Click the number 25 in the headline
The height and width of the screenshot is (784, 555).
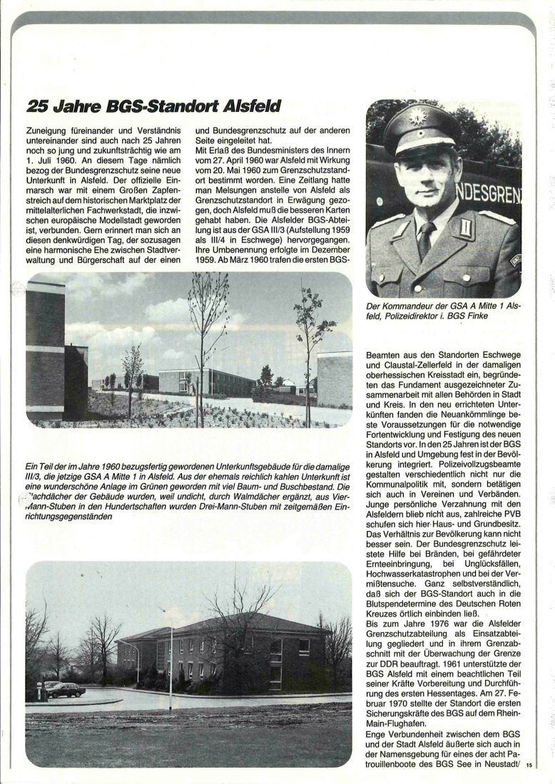point(37,107)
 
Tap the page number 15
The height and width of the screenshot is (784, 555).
point(529,765)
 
